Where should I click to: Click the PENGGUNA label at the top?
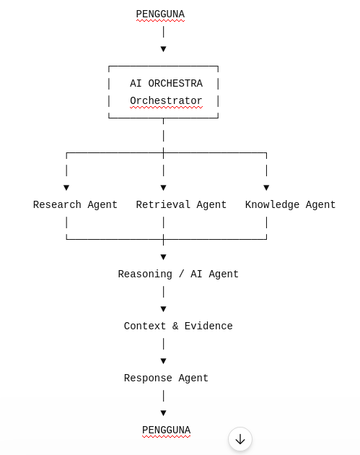(160, 14)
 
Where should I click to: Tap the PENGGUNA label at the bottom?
(167, 430)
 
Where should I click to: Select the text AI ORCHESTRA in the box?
(167, 84)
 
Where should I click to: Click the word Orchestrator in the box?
(167, 100)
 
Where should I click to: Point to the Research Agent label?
(75, 205)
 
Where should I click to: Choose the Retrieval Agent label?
(181, 205)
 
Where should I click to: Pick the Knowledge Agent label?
(291, 205)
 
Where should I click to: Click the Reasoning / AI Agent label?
(178, 274)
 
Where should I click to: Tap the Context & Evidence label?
(178, 326)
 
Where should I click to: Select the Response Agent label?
(166, 378)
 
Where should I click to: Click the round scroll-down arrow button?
(240, 439)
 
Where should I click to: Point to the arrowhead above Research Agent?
(66, 188)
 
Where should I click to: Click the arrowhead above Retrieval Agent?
(164, 188)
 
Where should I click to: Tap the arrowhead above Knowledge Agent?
(266, 188)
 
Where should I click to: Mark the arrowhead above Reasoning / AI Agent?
(164, 257)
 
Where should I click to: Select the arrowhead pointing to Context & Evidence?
(164, 309)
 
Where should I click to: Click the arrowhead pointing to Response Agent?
(164, 361)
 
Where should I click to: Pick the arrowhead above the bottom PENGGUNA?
(164, 413)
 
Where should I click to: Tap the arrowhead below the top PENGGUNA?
(164, 49)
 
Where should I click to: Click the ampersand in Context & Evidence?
(175, 326)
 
